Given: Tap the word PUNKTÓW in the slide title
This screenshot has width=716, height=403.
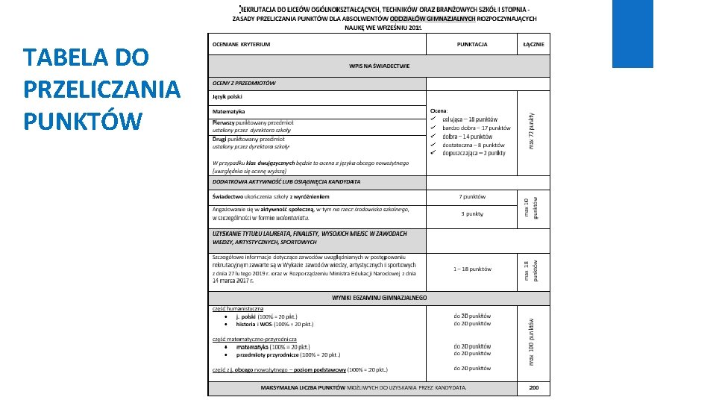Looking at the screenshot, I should (82, 120).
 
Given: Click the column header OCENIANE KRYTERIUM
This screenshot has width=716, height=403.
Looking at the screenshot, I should (242, 44).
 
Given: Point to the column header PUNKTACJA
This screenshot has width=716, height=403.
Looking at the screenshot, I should (472, 44).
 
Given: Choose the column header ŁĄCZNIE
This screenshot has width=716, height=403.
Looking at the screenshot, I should (533, 44).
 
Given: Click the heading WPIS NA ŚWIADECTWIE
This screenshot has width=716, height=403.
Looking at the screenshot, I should (379, 66).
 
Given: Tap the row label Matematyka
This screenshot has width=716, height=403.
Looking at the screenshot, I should (229, 111).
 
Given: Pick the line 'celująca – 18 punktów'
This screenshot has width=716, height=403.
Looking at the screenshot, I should (469, 119).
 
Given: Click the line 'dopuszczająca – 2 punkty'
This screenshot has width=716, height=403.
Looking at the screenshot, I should (473, 153).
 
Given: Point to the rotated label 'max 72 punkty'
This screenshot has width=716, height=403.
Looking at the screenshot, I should (531, 129).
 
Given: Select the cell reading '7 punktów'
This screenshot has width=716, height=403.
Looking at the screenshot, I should (472, 197).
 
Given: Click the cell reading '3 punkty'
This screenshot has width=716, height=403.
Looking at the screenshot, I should (472, 213).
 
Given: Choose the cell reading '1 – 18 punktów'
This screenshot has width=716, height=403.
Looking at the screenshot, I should (472, 269).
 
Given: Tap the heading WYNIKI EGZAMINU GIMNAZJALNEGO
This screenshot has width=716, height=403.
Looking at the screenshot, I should (379, 297).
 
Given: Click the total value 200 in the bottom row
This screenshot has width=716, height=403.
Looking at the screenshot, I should (533, 388).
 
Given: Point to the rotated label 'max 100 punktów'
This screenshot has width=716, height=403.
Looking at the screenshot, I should (531, 340).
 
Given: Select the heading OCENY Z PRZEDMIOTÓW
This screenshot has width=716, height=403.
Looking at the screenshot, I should (244, 83).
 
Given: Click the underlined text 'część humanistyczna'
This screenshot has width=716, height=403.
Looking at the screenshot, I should (238, 308).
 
